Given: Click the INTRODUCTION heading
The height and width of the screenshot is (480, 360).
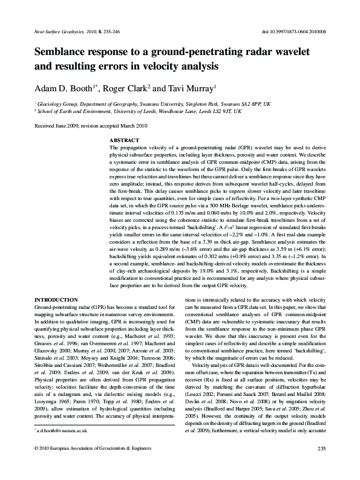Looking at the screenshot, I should [x=56, y=300].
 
